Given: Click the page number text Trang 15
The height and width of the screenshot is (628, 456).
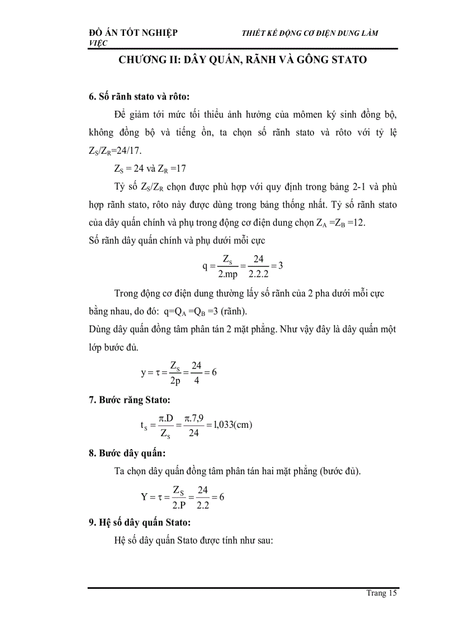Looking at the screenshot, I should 381,593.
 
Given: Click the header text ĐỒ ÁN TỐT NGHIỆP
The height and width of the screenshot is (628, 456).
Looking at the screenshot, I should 134,33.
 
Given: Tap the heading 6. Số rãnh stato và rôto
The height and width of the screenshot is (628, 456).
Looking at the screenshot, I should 144,96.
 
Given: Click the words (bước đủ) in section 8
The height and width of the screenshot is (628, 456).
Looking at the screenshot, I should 340,471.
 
